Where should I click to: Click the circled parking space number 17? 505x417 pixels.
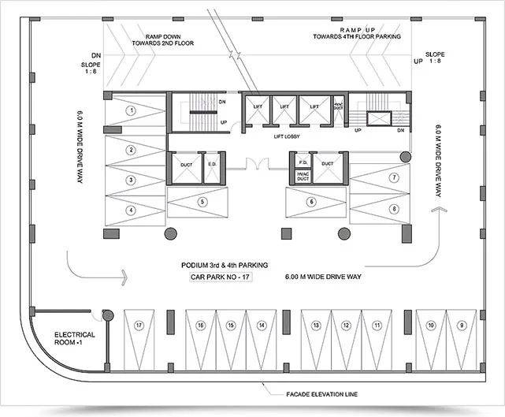[139, 325]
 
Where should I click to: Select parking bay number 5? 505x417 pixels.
[203, 202]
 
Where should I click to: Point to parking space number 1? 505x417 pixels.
[133, 110]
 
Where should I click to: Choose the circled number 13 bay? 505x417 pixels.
[315, 325]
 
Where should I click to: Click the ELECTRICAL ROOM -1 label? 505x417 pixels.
[75, 340]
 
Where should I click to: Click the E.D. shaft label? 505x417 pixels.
[211, 165]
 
